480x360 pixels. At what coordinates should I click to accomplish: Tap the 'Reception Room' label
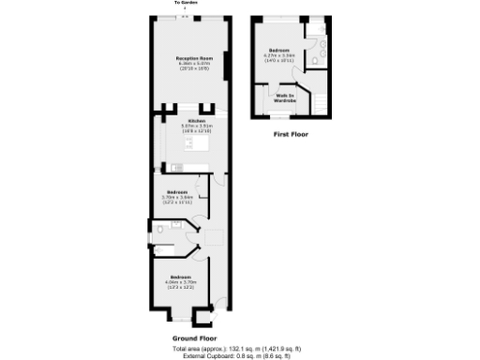tap(191, 58)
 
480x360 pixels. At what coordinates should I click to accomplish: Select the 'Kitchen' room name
tap(196, 121)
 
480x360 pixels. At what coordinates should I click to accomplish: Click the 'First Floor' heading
tap(291, 134)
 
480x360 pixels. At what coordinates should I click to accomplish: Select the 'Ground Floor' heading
tap(194, 337)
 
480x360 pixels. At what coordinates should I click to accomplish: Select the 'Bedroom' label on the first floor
tap(278, 50)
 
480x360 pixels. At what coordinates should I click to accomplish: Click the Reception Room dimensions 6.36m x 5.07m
tap(191, 65)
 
